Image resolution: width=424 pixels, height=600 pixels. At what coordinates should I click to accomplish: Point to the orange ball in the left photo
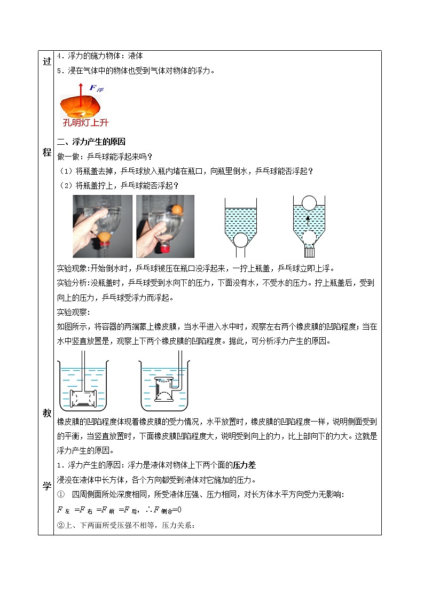point(104,235)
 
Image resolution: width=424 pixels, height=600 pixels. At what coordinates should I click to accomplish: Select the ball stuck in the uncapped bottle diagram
point(240,239)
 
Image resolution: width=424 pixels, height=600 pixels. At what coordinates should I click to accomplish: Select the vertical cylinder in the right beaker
point(163,388)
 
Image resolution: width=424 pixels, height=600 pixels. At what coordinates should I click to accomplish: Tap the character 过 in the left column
point(46,62)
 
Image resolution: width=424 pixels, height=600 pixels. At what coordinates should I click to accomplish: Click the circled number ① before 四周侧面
point(60,495)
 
